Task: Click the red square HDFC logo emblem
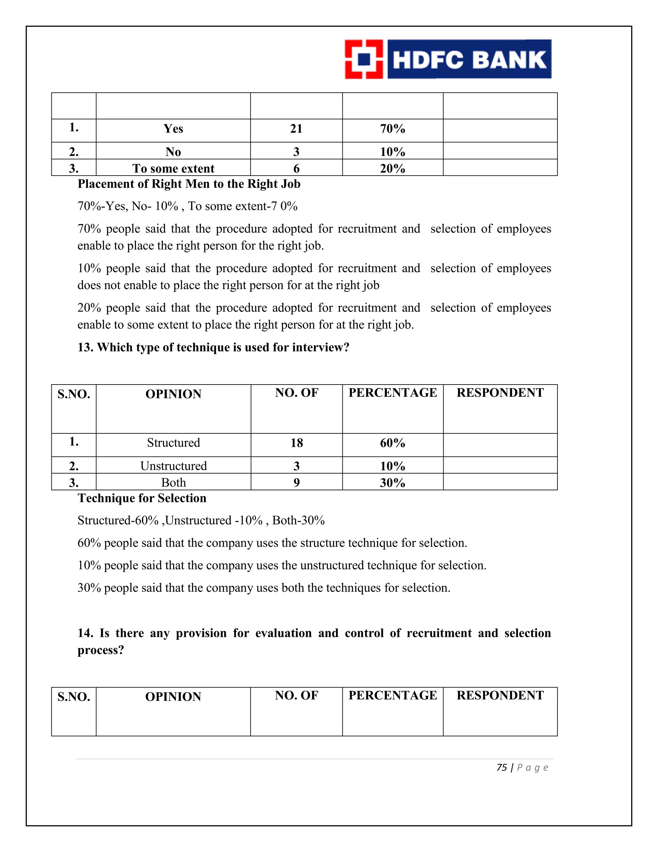coord(364,59)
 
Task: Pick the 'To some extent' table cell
coord(173,168)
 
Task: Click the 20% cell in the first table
coord(393,168)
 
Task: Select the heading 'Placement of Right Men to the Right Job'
coord(189,184)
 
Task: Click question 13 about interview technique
coord(213,347)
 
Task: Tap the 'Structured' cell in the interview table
coord(173,443)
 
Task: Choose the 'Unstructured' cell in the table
coord(173,466)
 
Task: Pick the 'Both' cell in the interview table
coord(173,483)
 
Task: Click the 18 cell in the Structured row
coord(297,443)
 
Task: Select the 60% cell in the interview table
coord(393,443)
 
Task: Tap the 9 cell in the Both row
coord(297,483)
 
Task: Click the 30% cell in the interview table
coord(393,483)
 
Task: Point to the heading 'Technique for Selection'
coord(142,498)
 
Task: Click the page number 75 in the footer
coord(502,767)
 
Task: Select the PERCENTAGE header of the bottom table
coord(393,695)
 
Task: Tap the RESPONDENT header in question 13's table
coord(500,393)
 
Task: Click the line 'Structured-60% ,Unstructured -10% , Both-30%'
coord(201,521)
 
